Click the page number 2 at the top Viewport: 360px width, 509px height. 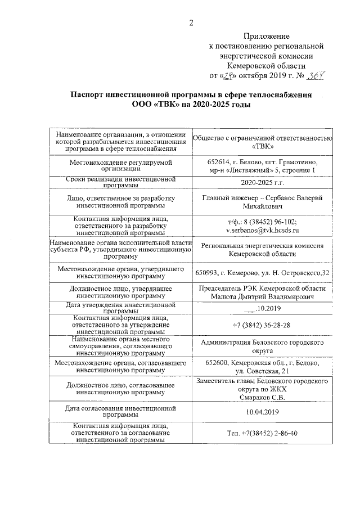(x=191, y=23)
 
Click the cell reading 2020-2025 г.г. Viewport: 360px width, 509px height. (x=262, y=183)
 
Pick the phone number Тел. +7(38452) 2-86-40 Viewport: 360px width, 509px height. (x=262, y=434)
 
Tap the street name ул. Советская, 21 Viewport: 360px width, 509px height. (x=262, y=371)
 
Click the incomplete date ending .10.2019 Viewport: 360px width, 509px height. (x=262, y=308)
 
